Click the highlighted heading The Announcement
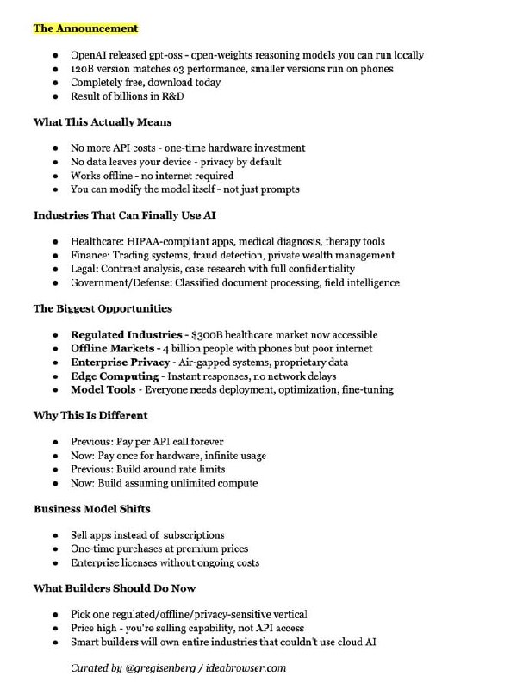coord(85,28)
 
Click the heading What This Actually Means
coord(103,122)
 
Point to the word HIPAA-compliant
coord(168,242)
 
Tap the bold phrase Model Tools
coord(105,390)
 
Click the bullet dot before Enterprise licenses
coord(57,563)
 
